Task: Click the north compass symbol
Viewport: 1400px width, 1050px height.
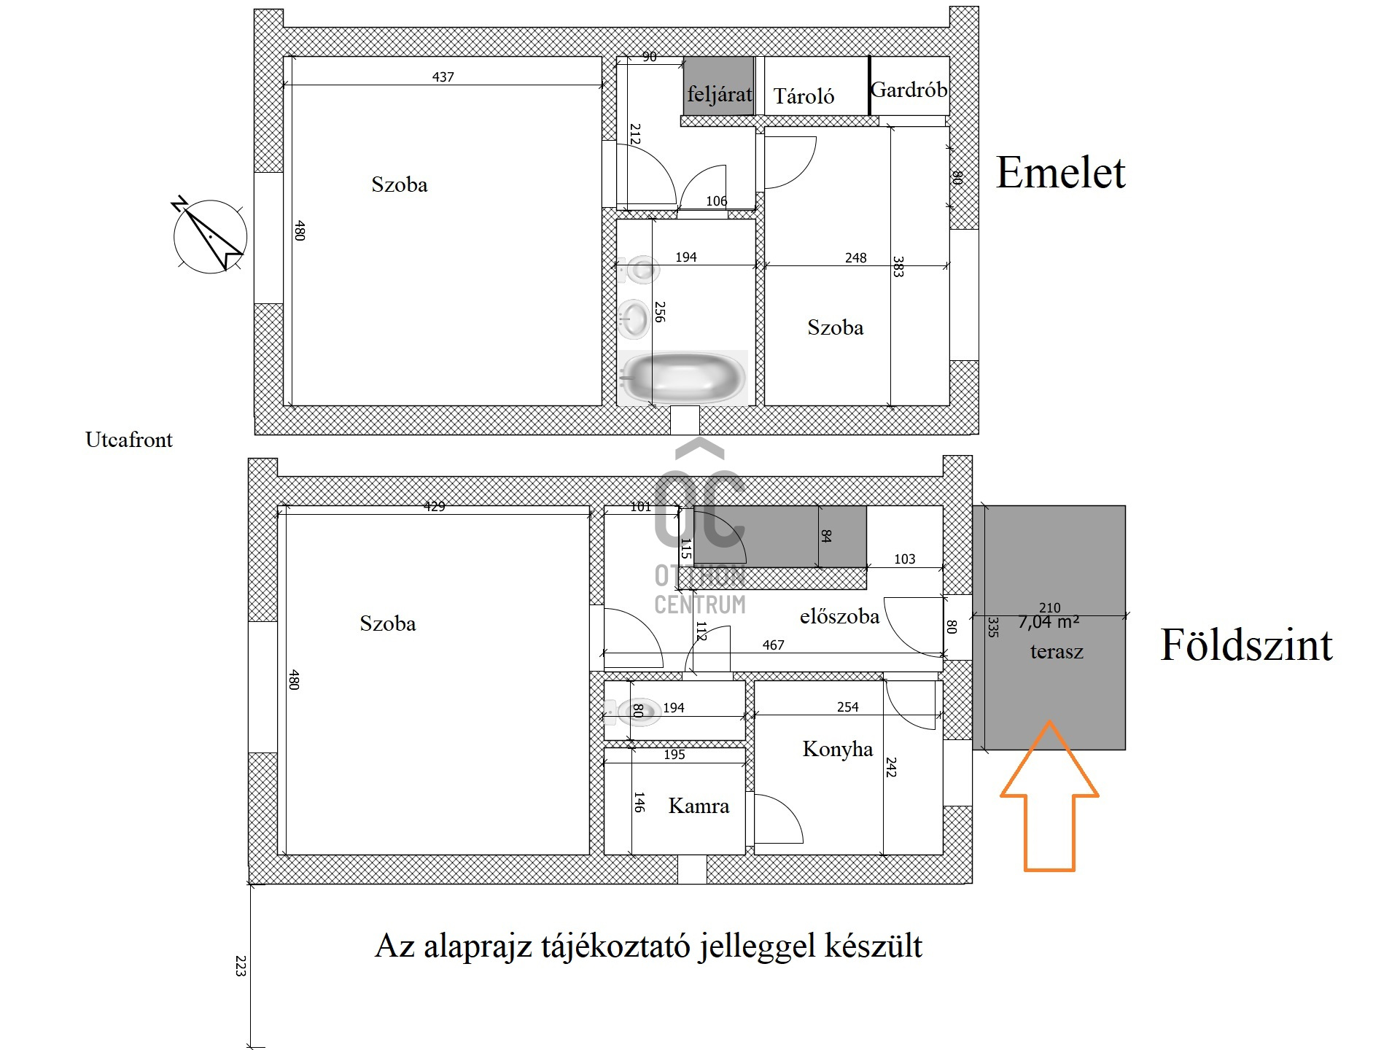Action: pos(210,236)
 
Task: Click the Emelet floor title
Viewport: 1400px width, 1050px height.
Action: pos(1060,173)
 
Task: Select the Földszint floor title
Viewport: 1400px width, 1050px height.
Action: pos(1245,645)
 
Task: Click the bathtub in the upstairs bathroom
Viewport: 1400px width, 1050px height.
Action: pos(683,378)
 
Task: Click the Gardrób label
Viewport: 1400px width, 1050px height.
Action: pos(909,90)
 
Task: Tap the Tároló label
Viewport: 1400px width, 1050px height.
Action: pos(804,96)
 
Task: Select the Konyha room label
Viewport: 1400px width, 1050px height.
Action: pos(837,749)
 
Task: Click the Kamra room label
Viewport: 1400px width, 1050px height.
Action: pos(699,806)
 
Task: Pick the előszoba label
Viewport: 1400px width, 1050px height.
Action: pos(839,617)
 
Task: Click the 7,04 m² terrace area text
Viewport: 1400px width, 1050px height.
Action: pos(1048,623)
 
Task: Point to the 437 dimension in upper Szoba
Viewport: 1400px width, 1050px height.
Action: pos(443,77)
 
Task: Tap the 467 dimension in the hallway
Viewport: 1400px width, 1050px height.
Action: pos(773,645)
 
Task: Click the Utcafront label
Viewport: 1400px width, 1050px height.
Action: pos(129,440)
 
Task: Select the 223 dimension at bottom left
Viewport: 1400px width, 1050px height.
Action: pos(241,965)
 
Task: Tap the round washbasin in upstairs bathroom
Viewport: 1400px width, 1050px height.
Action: pos(636,319)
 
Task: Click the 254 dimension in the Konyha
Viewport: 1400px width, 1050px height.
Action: pos(847,707)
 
